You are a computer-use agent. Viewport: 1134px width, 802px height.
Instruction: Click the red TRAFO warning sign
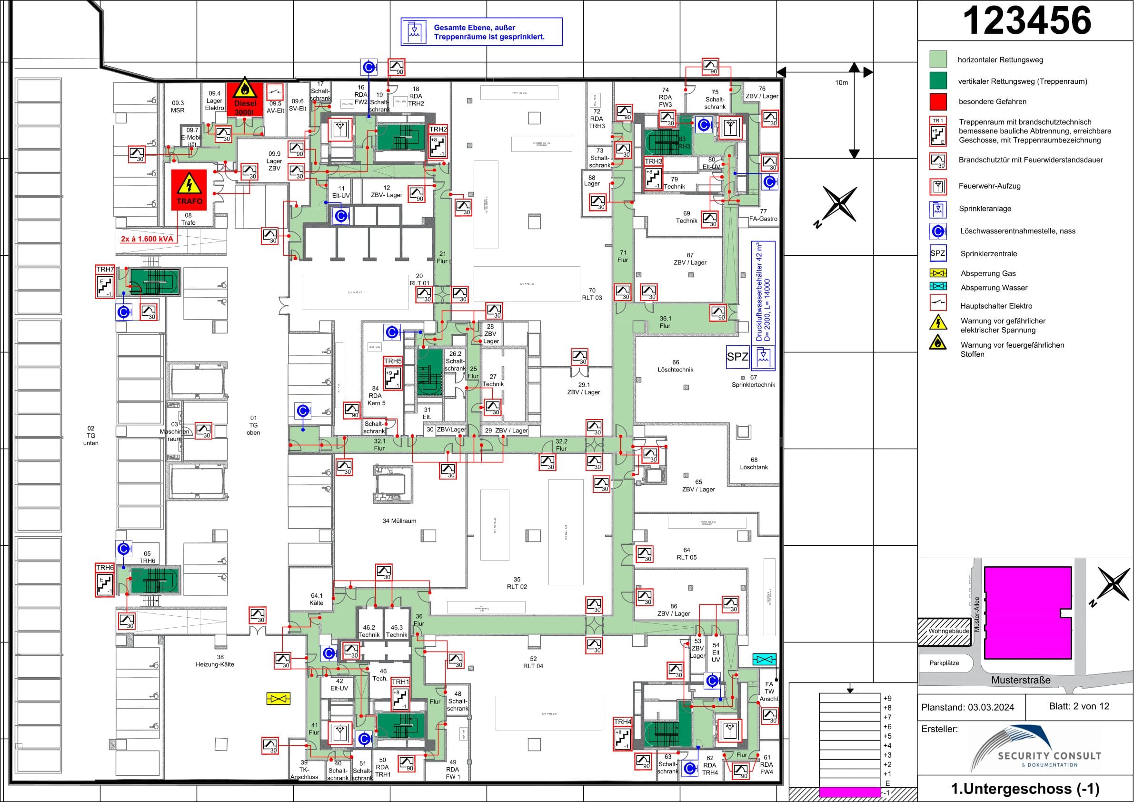pyautogui.click(x=189, y=190)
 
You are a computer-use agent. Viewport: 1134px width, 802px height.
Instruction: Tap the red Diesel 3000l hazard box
pyautogui.click(x=245, y=99)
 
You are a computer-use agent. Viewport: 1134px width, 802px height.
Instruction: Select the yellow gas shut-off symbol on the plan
pyautogui.click(x=278, y=698)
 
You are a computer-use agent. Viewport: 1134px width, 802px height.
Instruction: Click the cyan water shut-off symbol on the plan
pyautogui.click(x=764, y=659)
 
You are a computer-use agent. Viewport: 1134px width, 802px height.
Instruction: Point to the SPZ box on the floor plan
pyautogui.click(x=737, y=356)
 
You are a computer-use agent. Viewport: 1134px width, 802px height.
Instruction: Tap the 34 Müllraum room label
pyautogui.click(x=399, y=521)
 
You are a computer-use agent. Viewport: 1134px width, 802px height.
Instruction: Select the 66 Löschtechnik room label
pyautogui.click(x=675, y=366)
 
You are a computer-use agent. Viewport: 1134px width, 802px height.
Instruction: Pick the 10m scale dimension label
pyautogui.click(x=841, y=82)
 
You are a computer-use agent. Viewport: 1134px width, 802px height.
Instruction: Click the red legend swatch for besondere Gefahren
pyautogui.click(x=938, y=101)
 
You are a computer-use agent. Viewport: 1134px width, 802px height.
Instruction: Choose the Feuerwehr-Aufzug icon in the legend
pyautogui.click(x=938, y=186)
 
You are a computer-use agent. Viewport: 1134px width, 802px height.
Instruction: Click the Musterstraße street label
pyautogui.click(x=1020, y=680)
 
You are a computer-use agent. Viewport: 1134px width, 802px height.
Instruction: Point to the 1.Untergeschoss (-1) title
pyautogui.click(x=1025, y=789)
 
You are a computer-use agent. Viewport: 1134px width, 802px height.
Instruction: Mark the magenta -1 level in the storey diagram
pyautogui.click(x=849, y=792)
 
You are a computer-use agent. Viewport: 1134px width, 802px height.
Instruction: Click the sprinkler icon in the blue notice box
pyautogui.click(x=414, y=31)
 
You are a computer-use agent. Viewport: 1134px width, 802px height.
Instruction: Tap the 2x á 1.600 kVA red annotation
pyautogui.click(x=147, y=239)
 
